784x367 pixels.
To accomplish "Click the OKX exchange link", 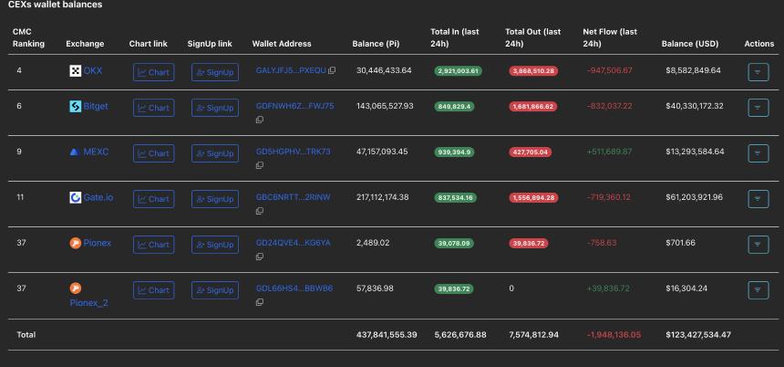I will tap(93, 70).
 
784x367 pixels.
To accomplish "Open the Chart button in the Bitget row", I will tap(153, 108).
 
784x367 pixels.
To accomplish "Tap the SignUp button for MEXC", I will tap(214, 153).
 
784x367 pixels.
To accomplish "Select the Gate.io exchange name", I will tap(98, 197).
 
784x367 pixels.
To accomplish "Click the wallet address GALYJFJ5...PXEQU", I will tap(291, 70).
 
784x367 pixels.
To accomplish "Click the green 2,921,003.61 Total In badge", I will tap(458, 70).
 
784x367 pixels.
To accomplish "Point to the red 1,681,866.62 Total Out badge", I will tap(533, 107).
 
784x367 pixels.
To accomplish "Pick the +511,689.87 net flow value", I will tap(607, 152).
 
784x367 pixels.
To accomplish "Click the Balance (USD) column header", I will tap(690, 44).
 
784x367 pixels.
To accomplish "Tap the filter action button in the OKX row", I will tap(758, 71).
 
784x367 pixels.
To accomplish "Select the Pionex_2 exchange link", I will tap(88, 303).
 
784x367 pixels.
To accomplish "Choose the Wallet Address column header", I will tap(282, 44).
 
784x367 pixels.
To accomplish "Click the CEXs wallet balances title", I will tap(55, 5).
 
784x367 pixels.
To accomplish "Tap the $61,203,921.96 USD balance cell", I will tap(693, 197).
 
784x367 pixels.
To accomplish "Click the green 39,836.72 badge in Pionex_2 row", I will tap(458, 288).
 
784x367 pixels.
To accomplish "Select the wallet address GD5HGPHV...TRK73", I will tap(293, 152).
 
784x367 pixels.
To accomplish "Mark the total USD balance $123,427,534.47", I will tap(696, 335).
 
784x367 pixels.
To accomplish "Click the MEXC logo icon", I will tap(75, 152).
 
